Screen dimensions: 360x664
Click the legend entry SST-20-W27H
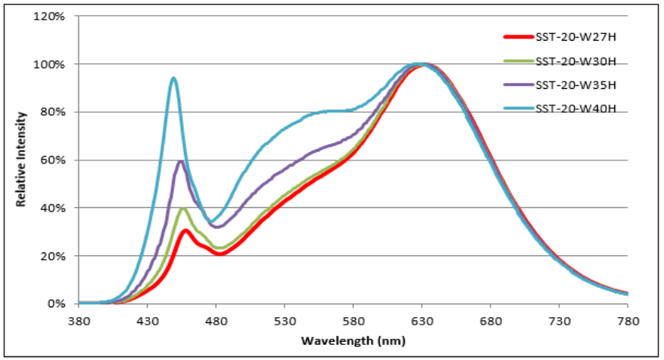tap(576, 35)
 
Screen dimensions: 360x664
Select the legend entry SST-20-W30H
tap(576, 60)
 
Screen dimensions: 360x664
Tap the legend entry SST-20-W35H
tap(576, 84)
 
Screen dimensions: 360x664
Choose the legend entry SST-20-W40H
tap(576, 109)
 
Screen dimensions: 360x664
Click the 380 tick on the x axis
tap(78, 319)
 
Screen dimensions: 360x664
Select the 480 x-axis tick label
tap(216, 319)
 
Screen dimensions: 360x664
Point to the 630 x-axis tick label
tap(421, 319)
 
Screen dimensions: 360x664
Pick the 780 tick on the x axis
tap(627, 319)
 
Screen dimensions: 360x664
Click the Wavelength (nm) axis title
tap(353, 340)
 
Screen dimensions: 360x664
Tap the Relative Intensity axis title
tap(23, 160)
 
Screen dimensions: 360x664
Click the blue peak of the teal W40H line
tap(173, 78)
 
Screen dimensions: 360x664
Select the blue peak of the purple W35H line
tap(181, 161)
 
